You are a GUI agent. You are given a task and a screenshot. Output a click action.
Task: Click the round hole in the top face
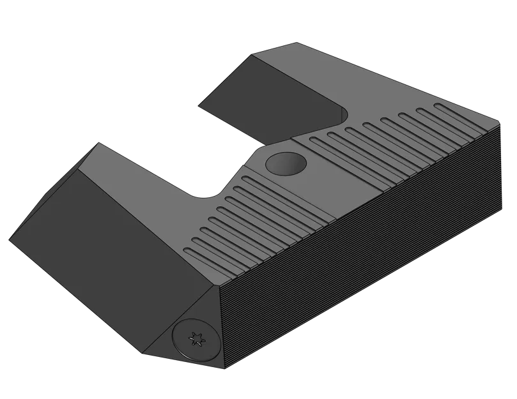pyautogui.click(x=285, y=163)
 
